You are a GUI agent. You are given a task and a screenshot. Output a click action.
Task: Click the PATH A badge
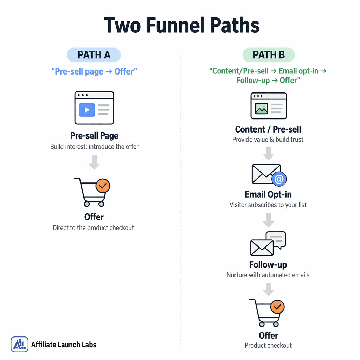[x=94, y=55]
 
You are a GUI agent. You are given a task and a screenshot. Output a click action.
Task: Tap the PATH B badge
[x=269, y=55]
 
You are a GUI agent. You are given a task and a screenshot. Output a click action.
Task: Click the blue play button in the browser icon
[x=87, y=110]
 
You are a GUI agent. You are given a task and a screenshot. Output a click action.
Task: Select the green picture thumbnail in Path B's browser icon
[x=261, y=109]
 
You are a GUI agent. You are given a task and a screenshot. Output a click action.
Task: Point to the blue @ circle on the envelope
[x=279, y=179]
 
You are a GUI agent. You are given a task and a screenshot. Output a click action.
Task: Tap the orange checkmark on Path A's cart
[x=103, y=186]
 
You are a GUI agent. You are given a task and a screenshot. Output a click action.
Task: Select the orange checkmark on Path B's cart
[x=277, y=307]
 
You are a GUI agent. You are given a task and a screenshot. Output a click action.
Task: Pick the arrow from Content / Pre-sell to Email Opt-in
[x=269, y=153]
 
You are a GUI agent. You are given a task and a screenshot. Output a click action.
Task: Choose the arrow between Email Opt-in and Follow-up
[x=269, y=220]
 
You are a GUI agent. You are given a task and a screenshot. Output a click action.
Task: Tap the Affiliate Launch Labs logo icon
[x=20, y=344]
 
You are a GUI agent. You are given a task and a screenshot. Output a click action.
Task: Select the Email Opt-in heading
[x=268, y=194]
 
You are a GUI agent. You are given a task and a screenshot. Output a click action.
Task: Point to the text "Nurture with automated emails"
[x=268, y=275]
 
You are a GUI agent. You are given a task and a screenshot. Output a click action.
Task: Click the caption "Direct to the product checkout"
[x=94, y=228]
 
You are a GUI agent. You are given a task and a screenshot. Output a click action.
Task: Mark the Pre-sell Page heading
[x=94, y=136]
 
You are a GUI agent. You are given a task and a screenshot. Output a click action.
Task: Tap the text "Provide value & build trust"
[x=268, y=140]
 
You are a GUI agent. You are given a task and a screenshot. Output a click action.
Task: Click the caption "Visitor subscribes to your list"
[x=268, y=205]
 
